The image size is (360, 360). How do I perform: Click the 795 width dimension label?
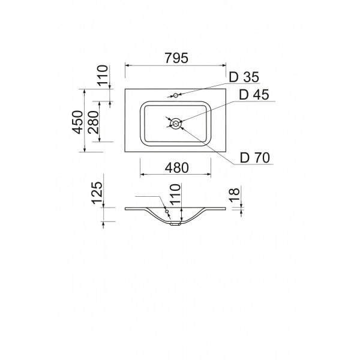[x=176, y=58]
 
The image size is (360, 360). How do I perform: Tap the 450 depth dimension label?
[x=77, y=122]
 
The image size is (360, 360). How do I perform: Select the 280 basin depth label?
[x=93, y=122]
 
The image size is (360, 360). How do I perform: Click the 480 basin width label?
[x=177, y=168]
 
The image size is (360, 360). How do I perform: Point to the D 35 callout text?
[x=244, y=77]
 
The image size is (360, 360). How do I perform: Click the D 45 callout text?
[x=254, y=95]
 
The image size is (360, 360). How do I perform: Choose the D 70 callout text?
[x=255, y=158]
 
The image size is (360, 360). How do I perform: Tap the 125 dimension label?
[x=97, y=193]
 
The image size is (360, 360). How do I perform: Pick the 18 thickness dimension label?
[x=235, y=194]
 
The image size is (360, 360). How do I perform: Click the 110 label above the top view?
[x=103, y=76]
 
